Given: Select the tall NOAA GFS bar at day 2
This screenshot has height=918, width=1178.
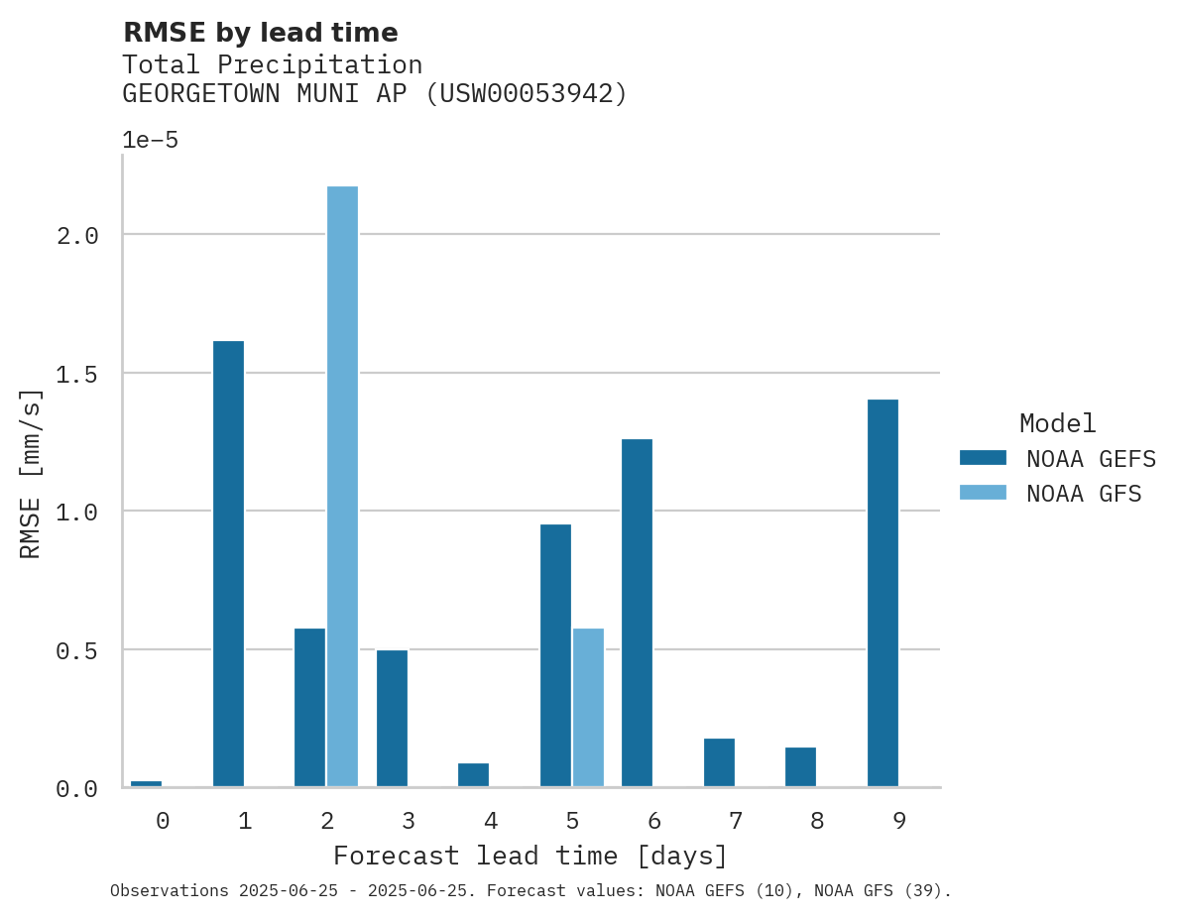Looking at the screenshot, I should click(x=342, y=486).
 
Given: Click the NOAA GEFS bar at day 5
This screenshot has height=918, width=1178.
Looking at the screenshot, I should click(x=555, y=654).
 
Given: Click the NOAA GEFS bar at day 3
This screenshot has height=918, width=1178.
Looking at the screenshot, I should click(x=392, y=718).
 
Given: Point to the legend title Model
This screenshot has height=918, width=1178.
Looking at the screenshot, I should click(x=1057, y=423).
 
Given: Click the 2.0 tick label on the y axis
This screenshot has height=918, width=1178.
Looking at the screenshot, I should click(x=77, y=235).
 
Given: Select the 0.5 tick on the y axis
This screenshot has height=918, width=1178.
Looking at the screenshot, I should click(x=77, y=650).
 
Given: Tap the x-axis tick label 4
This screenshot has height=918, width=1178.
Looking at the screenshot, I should click(x=491, y=821).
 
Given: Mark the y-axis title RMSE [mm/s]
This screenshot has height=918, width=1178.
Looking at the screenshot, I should click(x=31, y=474).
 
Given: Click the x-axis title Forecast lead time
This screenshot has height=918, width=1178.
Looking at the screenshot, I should click(x=530, y=856).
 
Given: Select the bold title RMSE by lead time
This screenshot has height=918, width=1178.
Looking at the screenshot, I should click(x=260, y=33).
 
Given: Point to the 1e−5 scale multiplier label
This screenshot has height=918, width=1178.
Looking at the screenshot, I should click(x=150, y=140).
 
